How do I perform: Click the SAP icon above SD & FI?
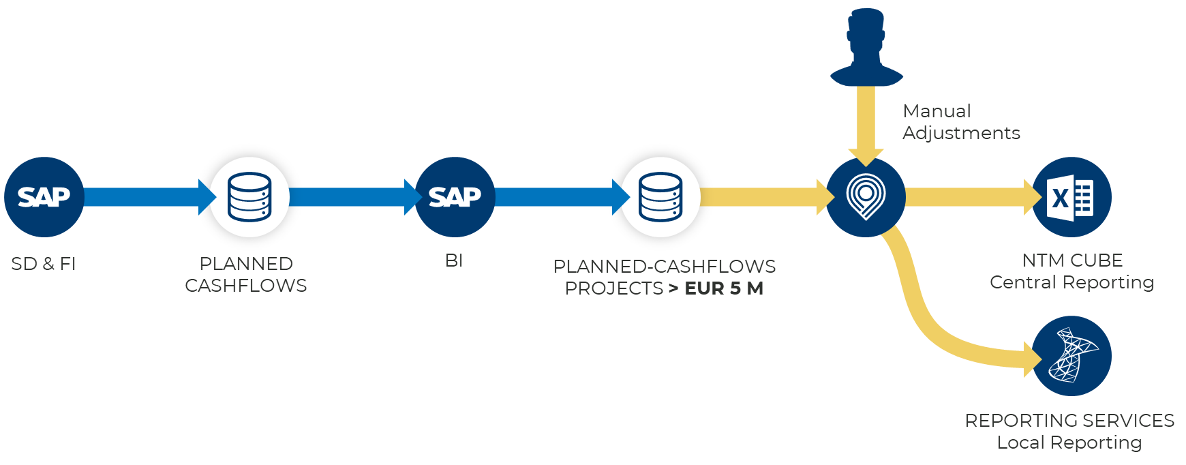point(44,197)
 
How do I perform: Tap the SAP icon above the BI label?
point(455,197)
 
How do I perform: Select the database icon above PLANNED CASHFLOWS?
point(249,197)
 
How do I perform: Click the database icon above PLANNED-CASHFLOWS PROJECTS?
point(660,197)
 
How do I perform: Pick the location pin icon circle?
point(866,197)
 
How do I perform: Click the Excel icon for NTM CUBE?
point(1071,197)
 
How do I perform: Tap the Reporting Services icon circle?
point(1071,356)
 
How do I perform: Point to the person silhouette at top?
point(866,48)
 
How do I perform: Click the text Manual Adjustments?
point(961,122)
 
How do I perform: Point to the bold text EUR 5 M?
point(724,288)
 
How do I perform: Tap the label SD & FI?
point(44,263)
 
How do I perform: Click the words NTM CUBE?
point(1072,260)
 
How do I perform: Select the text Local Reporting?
point(1069,442)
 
